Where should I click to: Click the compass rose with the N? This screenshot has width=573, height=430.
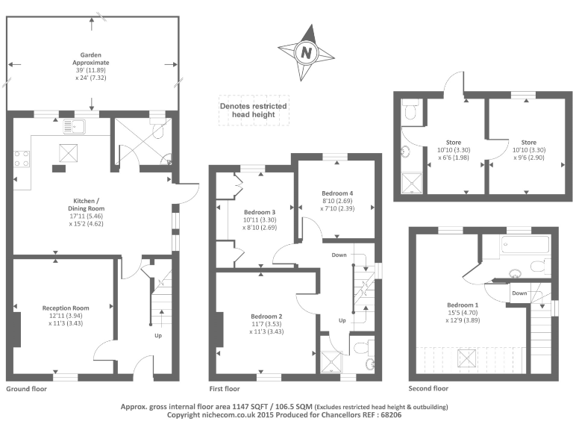point(305,52)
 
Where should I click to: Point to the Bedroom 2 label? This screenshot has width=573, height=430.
point(266,323)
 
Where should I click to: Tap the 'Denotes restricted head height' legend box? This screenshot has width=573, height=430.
point(252,110)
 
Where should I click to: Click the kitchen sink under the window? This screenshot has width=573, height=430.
point(75,125)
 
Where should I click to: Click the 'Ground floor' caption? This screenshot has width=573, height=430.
point(26,390)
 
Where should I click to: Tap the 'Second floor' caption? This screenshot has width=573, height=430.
point(428,390)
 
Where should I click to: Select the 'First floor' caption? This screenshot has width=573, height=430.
point(225,390)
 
